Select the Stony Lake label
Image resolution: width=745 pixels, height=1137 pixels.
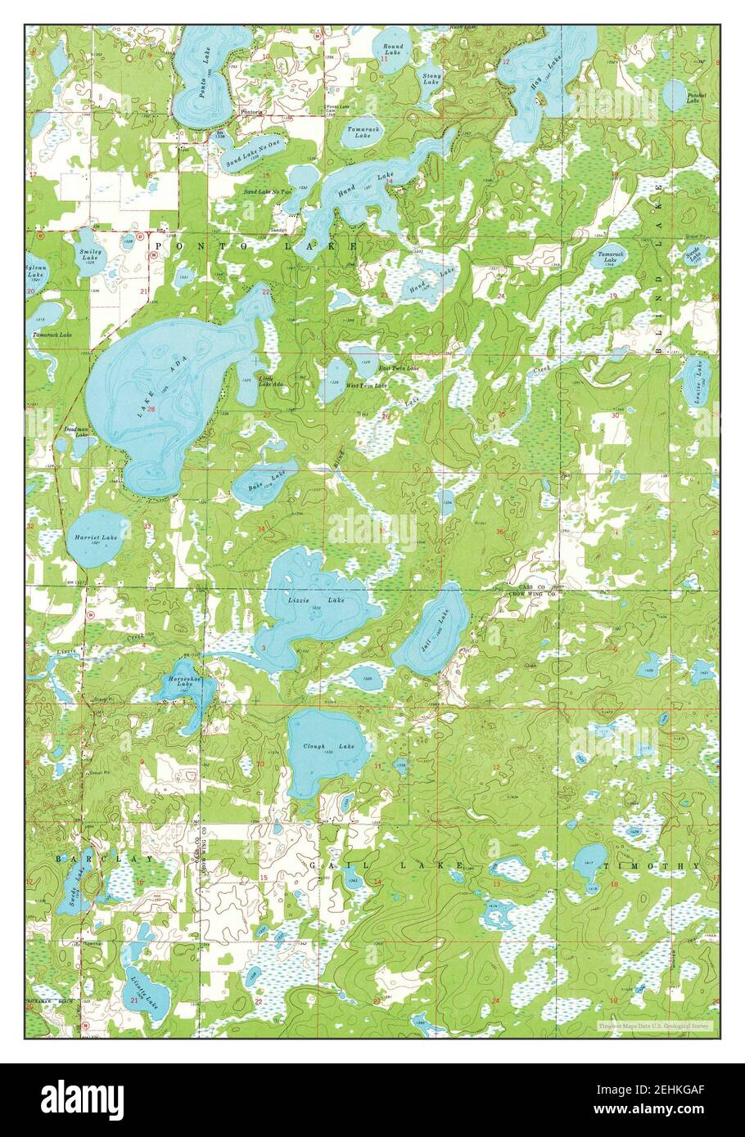point(431,79)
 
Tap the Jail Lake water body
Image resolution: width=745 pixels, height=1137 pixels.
point(431,630)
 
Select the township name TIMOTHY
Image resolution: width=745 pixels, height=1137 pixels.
point(652,865)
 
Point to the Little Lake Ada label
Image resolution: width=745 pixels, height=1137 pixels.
point(272,381)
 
